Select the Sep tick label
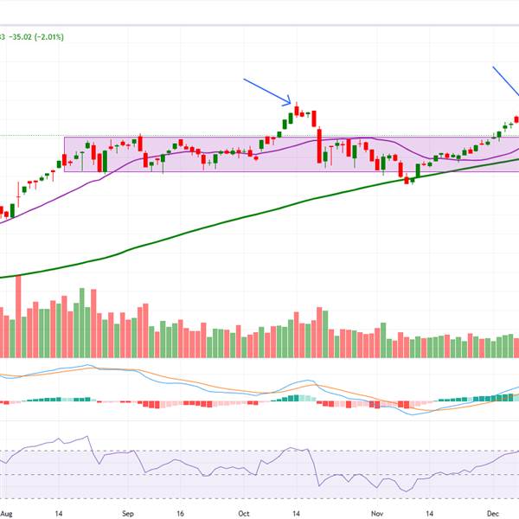pyautogui.click(x=126, y=512)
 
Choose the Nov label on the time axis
pyautogui.click(x=377, y=512)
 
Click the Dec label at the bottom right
pyautogui.click(x=490, y=512)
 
